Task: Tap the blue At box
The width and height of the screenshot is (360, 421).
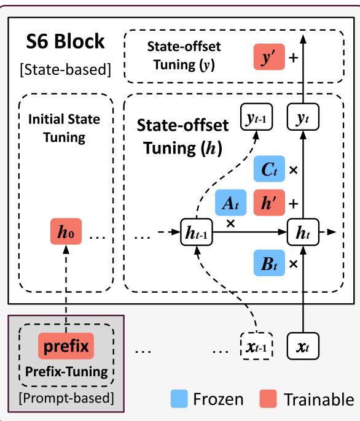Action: [x=230, y=201]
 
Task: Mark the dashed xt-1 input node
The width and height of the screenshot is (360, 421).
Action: [x=257, y=348]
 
